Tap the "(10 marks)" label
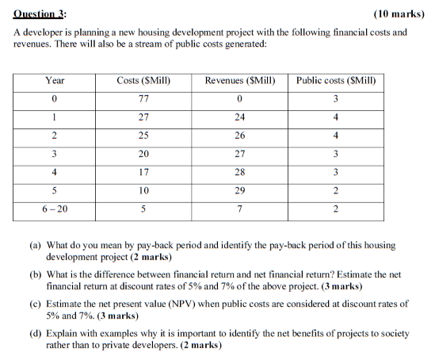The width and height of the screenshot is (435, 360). (x=397, y=13)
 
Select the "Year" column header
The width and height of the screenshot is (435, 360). (x=55, y=81)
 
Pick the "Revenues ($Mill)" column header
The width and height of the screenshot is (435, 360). (x=240, y=81)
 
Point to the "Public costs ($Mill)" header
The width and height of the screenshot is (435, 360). (x=336, y=81)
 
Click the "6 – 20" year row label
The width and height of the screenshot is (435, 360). (x=55, y=209)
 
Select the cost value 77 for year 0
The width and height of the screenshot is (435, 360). (x=144, y=99)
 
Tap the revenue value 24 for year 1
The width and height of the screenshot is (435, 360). (x=240, y=117)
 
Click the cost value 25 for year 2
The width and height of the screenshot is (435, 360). (x=144, y=136)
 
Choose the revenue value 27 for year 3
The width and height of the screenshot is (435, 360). (x=240, y=154)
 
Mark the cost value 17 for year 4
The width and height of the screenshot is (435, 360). (x=144, y=172)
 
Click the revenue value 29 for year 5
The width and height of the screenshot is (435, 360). (x=240, y=190)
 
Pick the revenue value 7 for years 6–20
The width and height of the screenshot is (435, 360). (x=240, y=209)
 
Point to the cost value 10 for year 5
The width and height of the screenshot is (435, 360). (x=144, y=190)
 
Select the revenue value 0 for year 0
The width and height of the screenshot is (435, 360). (x=240, y=99)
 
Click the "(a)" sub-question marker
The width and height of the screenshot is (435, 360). (x=37, y=246)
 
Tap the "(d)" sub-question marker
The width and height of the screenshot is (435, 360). (x=37, y=333)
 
